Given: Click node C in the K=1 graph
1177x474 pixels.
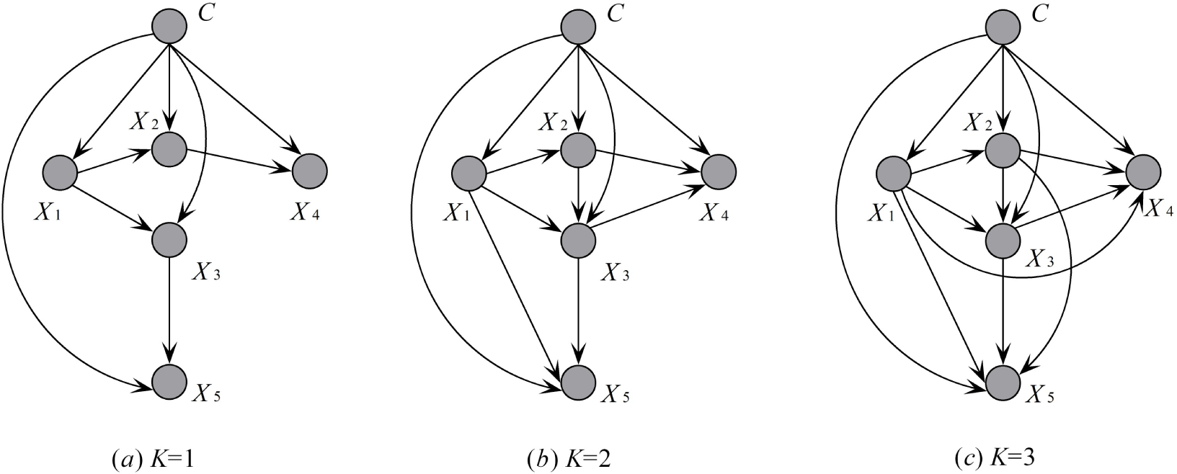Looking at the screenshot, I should (169, 27).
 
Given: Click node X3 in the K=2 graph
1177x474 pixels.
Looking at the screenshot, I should (578, 238).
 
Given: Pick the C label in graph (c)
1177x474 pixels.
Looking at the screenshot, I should (1039, 14).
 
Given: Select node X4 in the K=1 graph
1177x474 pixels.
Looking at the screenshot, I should (311, 171).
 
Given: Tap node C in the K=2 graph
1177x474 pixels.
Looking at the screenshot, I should (578, 27).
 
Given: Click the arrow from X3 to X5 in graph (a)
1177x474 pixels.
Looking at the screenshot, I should (169, 310).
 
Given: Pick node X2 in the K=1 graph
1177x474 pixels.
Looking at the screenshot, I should (169, 149).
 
